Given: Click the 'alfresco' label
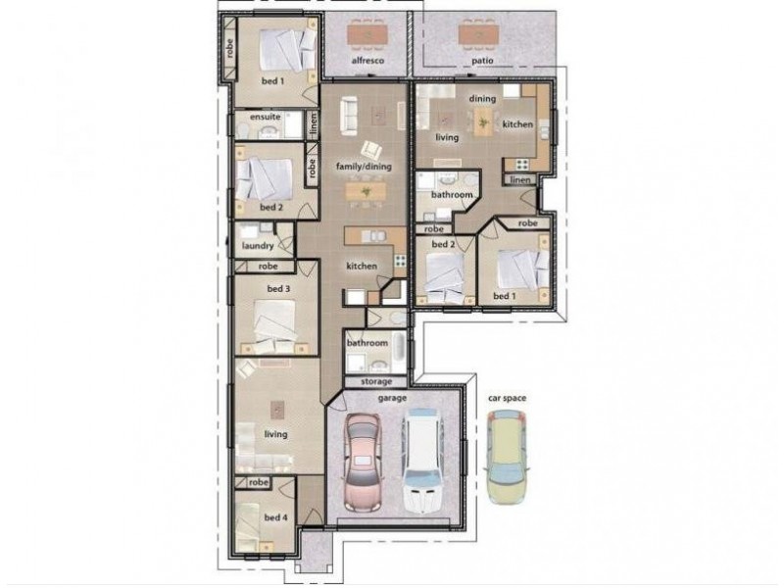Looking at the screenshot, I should pyautogui.click(x=366, y=61).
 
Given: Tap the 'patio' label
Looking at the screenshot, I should pyautogui.click(x=481, y=61).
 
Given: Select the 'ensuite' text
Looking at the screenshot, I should pyautogui.click(x=265, y=117).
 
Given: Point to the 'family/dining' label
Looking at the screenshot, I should pyautogui.click(x=364, y=167).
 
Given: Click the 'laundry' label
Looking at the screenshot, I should pyautogui.click(x=257, y=246).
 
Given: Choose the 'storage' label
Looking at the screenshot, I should pyautogui.click(x=375, y=381).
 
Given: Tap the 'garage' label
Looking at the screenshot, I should pyautogui.click(x=394, y=398).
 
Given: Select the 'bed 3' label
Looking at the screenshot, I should pyautogui.click(x=278, y=288).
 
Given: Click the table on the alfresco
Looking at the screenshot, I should pyautogui.click(x=367, y=34).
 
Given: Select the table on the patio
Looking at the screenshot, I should pyautogui.click(x=478, y=34).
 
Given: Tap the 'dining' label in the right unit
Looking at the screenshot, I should pyautogui.click(x=481, y=99).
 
